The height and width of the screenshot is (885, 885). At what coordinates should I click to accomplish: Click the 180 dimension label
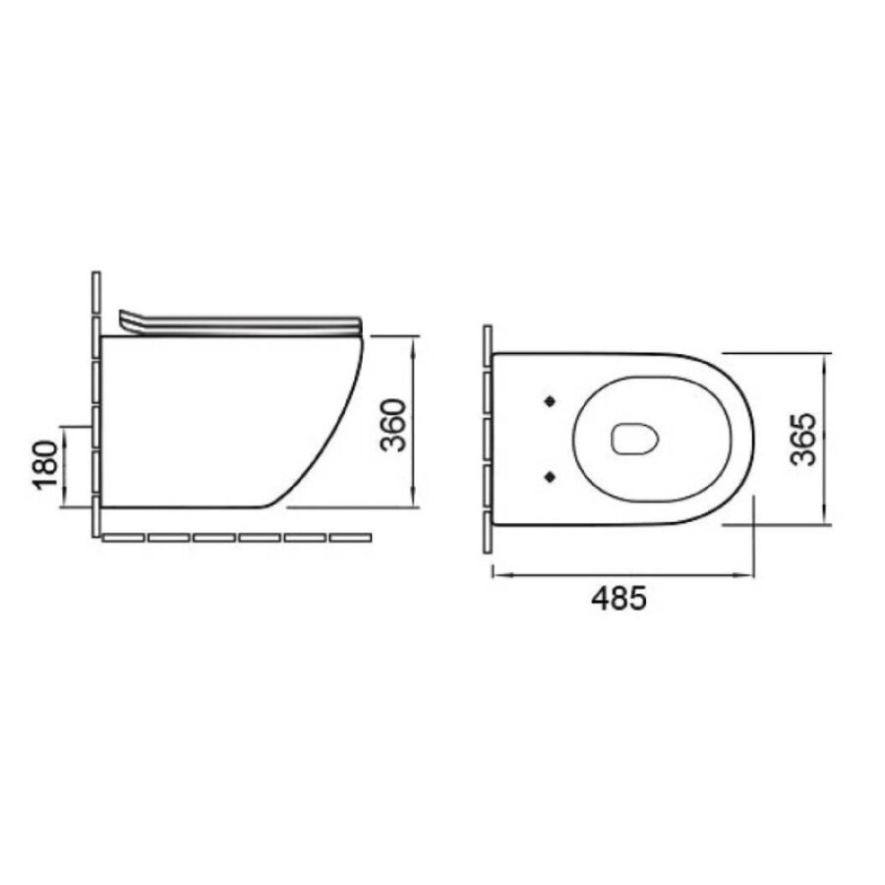[x=46, y=464]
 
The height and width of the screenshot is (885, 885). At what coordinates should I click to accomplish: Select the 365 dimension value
[x=803, y=440]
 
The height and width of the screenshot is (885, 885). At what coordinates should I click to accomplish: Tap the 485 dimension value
[x=619, y=598]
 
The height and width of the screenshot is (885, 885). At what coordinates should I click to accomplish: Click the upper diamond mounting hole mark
[x=550, y=401]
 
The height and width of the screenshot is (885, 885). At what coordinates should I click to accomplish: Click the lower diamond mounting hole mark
[x=550, y=477]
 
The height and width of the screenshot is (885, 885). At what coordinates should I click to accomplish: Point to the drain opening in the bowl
[x=635, y=439]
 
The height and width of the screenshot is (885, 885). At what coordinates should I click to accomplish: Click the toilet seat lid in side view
[x=241, y=324]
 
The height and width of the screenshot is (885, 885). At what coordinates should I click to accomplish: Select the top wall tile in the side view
[x=96, y=292]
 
